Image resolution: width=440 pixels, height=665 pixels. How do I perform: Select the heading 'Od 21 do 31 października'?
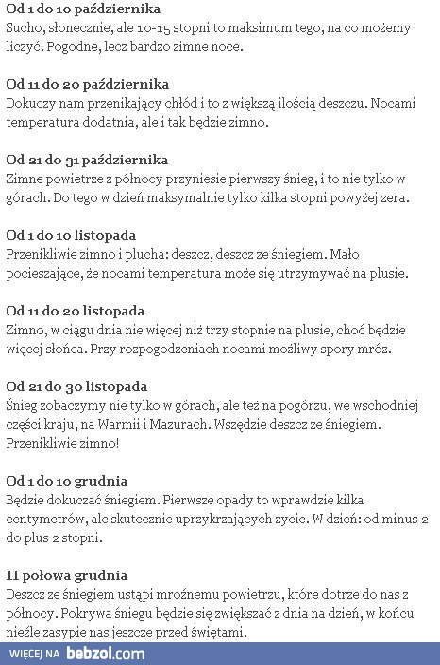pyautogui.click(x=87, y=160)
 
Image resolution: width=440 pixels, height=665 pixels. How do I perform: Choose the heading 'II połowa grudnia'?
pyautogui.click(x=67, y=574)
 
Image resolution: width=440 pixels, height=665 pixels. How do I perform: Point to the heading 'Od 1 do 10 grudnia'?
pyautogui.click(x=67, y=480)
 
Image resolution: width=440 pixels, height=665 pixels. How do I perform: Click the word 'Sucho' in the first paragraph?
pyautogui.click(x=24, y=27)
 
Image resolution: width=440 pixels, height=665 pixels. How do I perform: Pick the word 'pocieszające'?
pyautogui.click(x=47, y=273)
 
